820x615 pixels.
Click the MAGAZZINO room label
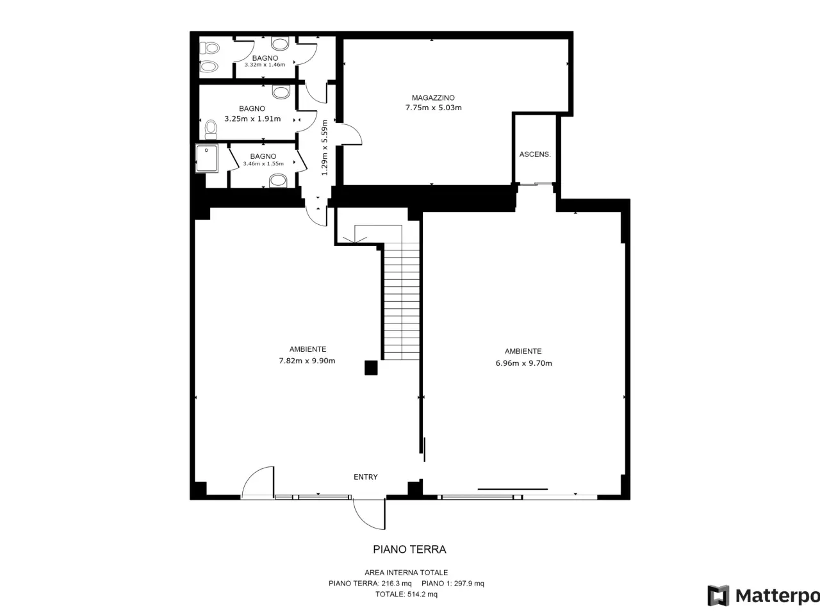(433, 98)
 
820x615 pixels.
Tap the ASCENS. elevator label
(535, 154)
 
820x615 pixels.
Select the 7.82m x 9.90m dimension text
(307, 361)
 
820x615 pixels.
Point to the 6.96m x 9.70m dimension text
(524, 363)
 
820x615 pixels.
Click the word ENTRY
(366, 477)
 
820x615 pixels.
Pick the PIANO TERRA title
(409, 549)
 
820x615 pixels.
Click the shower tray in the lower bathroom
(206, 158)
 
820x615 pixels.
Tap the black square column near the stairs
(371, 368)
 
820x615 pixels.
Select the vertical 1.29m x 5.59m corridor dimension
(324, 147)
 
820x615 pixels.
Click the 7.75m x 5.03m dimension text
(433, 108)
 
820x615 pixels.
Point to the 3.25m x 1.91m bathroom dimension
(252, 119)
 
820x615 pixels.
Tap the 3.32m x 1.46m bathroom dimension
(265, 65)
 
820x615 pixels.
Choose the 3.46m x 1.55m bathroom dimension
(263, 163)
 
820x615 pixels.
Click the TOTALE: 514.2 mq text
(406, 594)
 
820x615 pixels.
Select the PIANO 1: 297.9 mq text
(453, 583)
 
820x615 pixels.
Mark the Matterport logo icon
(718, 596)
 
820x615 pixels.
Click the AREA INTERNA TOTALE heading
(406, 573)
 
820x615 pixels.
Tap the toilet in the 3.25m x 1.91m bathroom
(211, 129)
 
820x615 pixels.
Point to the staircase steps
(402, 301)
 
